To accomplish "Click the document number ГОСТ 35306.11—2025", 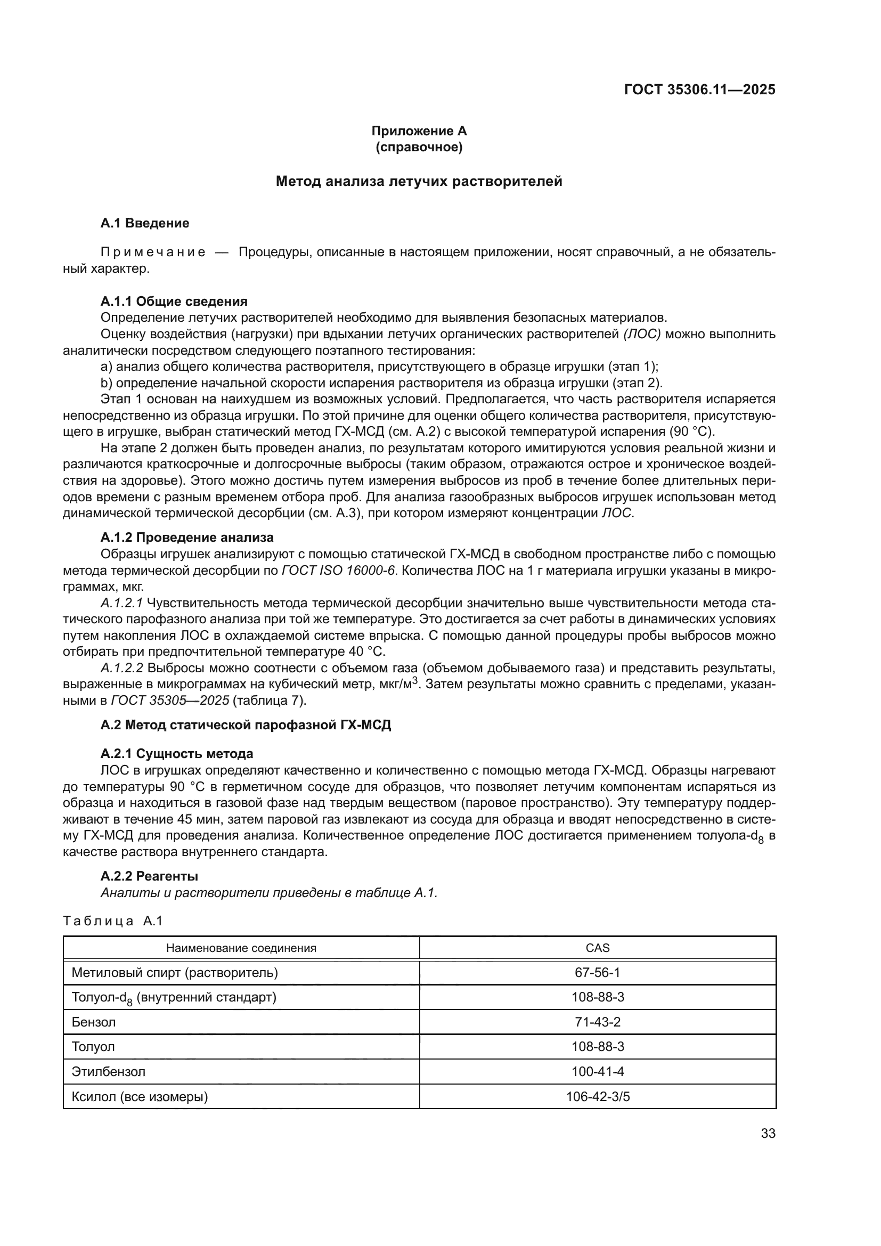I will pos(699,90).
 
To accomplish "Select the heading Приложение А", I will pos(419,131).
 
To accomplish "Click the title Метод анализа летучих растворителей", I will pos(419,181).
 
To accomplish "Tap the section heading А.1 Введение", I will pos(145,223).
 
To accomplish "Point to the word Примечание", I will pos(153,253).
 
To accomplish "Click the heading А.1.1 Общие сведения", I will pos(174,301).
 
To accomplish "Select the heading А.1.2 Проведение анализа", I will pos(186,538).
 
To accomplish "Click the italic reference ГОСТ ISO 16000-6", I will pos(338,571).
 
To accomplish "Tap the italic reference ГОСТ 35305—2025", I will pos(170,701).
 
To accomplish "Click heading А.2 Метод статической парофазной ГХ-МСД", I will pos(245,725).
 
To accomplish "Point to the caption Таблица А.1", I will pos(113,921).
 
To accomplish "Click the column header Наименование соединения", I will pos(241,948).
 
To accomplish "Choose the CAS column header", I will pos(597,948).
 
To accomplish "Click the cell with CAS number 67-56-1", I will pos(597,973).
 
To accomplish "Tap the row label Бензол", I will pos(93,1022).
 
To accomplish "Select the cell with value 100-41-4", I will pos(597,1072).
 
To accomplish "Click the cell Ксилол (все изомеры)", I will pos(140,1097).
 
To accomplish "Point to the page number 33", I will pos(768,1134).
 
